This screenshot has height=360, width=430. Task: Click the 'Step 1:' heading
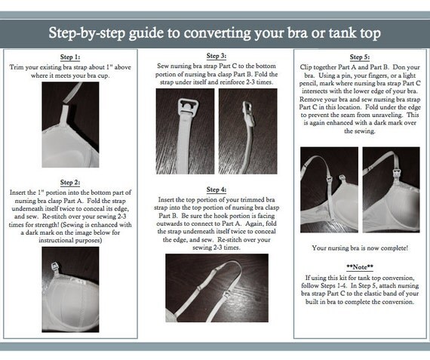(x=70, y=57)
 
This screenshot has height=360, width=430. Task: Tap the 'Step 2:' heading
(x=70, y=183)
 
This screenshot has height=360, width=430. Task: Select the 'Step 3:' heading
(x=217, y=56)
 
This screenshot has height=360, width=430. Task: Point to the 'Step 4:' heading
(x=217, y=189)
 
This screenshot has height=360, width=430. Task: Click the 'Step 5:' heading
(x=360, y=57)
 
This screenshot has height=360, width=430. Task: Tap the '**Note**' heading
(x=360, y=267)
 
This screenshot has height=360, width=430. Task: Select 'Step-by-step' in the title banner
(x=87, y=33)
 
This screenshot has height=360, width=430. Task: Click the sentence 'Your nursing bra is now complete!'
(x=360, y=248)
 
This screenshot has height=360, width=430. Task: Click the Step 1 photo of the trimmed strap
(x=70, y=125)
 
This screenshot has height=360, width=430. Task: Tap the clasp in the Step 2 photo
(x=55, y=267)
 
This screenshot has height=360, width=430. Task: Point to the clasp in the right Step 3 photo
(x=248, y=113)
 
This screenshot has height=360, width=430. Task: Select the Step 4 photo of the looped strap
(x=217, y=288)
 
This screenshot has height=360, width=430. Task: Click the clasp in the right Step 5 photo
(x=397, y=173)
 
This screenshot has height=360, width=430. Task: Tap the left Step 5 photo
(x=329, y=190)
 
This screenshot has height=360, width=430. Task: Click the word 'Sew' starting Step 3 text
(x=162, y=66)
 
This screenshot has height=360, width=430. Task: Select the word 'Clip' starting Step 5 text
(x=306, y=67)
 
